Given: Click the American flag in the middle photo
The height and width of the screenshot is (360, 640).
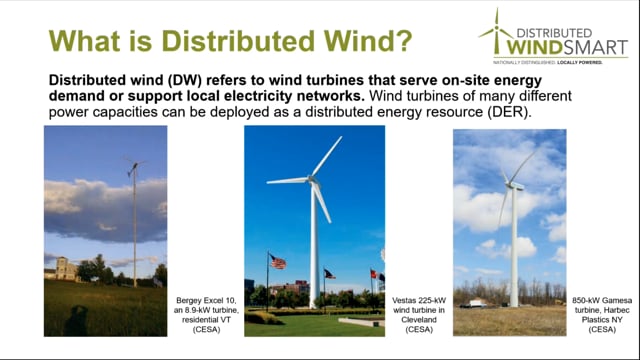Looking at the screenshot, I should [x=277, y=262].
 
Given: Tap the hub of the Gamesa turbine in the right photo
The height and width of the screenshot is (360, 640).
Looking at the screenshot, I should [x=512, y=184].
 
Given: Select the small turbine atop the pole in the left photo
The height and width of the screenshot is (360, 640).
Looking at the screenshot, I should [x=132, y=166].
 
